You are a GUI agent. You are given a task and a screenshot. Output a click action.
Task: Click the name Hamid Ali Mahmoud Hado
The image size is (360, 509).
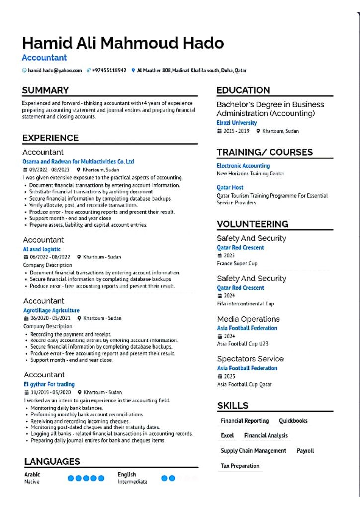pos(123,44)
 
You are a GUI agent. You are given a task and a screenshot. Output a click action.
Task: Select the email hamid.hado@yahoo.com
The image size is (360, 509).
pos(55,71)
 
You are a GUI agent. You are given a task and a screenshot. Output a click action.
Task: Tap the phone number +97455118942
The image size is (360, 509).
pos(109,71)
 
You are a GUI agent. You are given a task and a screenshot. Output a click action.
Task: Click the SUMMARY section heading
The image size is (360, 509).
pos(45,90)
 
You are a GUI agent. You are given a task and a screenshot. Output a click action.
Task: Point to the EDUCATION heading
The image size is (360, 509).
pos(243,90)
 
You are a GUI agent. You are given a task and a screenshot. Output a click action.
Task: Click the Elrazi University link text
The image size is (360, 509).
pos(237,123)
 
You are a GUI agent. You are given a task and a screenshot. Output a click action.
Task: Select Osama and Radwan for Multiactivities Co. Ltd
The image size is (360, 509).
pos(79,162)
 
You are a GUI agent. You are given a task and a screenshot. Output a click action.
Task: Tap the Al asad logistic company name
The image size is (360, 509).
pos(42,249)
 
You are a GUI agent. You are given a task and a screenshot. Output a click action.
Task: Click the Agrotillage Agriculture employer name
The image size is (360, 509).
pos(51,310)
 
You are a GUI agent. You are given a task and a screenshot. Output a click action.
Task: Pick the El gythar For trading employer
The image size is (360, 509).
pos(49,384)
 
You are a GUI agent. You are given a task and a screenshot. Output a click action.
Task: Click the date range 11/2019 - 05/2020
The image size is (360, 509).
pos(50,392)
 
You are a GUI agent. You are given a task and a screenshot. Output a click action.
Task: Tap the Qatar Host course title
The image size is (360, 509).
pos(230,188)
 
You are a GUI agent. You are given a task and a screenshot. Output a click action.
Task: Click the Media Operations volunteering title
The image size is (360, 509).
pos(248,319)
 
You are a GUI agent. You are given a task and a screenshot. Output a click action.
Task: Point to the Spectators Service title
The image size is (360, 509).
pos(250,359)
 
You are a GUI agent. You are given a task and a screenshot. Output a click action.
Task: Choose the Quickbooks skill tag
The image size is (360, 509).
pos(293,421)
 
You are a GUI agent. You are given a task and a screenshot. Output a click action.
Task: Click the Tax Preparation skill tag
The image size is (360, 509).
pos(240,466)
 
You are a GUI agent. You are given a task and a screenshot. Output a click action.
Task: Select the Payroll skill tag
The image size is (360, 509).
pos(305,451)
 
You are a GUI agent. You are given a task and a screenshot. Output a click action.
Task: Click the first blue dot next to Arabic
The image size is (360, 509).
pos(71,478)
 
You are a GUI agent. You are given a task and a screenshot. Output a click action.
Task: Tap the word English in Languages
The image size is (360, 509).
pos(127,475)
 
